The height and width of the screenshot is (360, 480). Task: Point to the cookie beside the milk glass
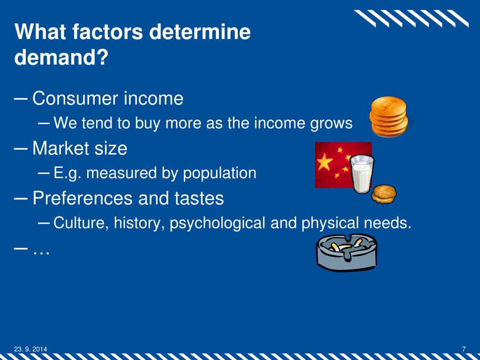click(384, 194)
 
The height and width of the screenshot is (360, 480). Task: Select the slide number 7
click(464, 348)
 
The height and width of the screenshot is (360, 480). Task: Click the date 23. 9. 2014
click(30, 348)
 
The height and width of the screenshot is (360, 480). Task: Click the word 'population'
click(219, 173)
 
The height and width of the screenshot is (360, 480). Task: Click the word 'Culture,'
click(82, 223)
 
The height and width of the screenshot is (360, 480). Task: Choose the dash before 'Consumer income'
click(21, 99)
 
